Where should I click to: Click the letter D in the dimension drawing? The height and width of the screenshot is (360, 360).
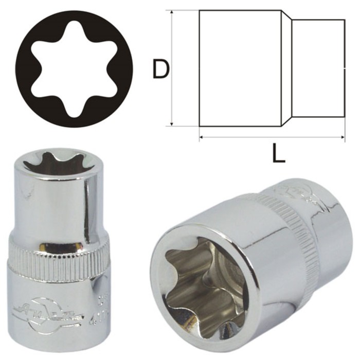161,69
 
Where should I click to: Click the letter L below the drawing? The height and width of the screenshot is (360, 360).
278,153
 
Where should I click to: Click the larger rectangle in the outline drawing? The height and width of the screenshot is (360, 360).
240,68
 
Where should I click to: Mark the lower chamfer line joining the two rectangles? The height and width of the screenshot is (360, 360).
286,121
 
